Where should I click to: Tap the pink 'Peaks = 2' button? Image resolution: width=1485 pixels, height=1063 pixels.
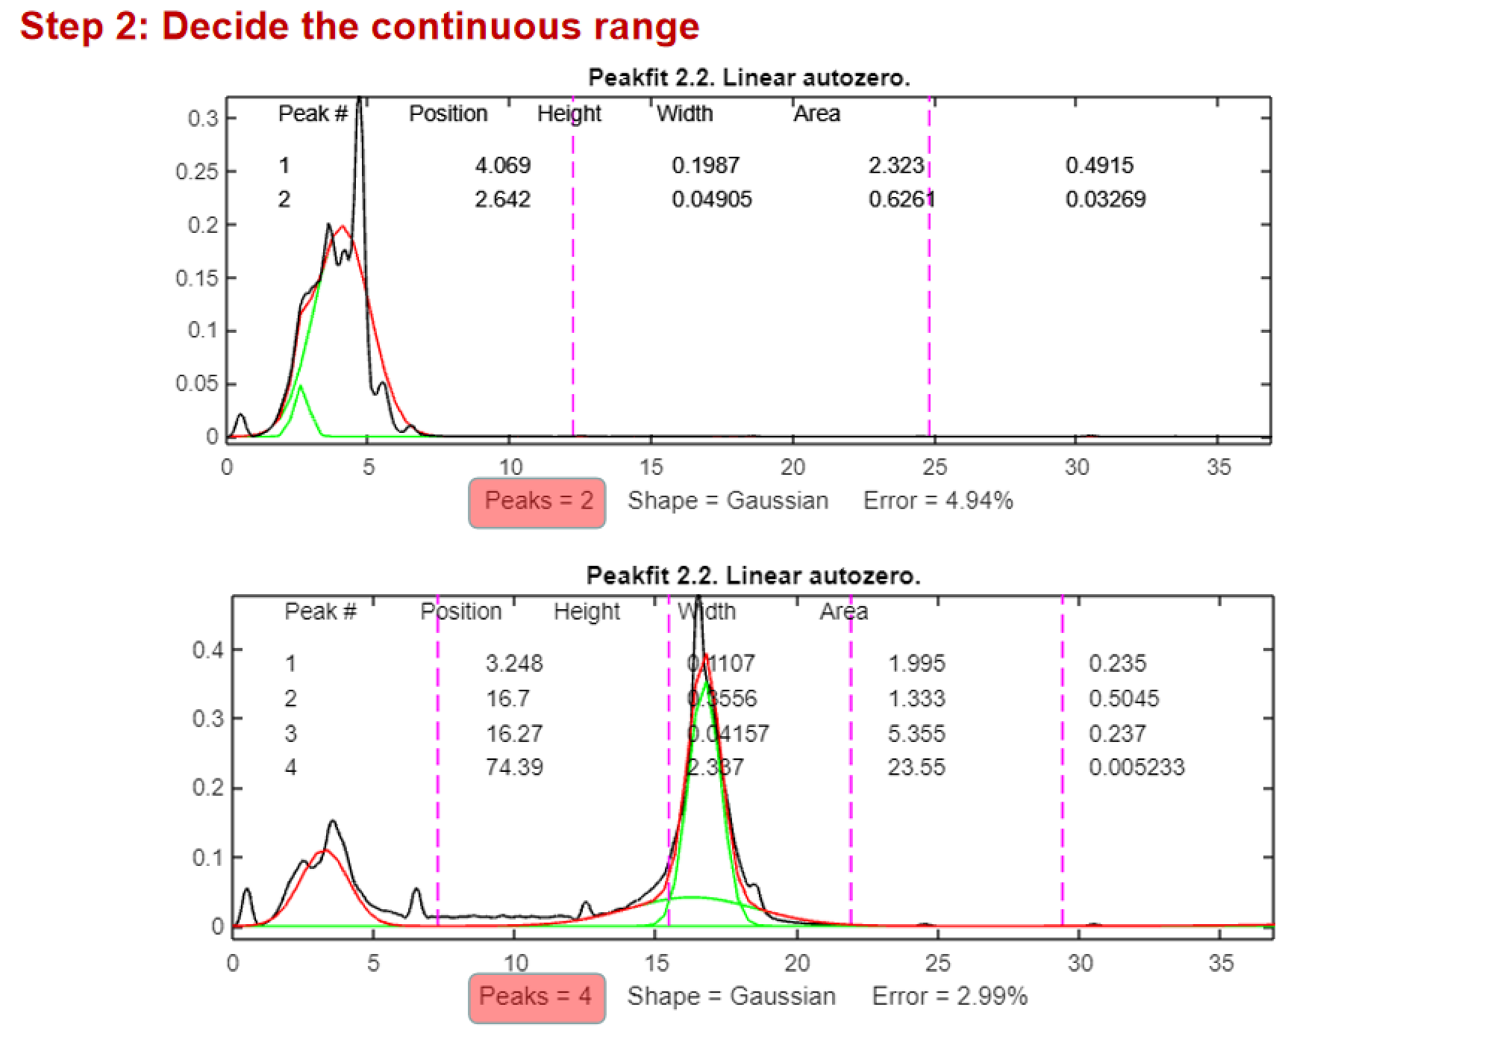[537, 502]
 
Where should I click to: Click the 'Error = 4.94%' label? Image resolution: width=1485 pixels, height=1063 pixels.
[938, 501]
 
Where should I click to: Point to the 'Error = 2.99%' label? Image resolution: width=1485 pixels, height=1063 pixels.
[949, 997]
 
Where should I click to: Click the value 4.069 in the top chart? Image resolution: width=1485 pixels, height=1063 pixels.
[502, 165]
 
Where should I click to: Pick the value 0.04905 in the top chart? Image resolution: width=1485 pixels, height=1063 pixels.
[711, 199]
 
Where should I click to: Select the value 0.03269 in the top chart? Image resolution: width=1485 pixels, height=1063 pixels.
[1105, 199]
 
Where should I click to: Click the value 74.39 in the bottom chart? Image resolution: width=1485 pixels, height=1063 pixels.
[514, 767]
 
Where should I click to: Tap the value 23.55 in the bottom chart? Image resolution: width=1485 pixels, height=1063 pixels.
[916, 767]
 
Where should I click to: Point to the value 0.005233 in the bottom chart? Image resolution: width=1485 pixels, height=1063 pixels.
[1136, 767]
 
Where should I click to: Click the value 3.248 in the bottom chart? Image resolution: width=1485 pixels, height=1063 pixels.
[514, 664]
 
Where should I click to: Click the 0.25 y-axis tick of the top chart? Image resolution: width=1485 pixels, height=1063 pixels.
[197, 172]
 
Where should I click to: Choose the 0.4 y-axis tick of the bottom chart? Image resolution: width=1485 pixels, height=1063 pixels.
[208, 650]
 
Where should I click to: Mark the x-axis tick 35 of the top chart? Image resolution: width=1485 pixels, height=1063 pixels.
[1218, 467]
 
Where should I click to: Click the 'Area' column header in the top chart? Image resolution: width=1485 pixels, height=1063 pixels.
[816, 114]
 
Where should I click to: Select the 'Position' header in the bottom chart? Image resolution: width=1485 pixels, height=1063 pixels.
[461, 612]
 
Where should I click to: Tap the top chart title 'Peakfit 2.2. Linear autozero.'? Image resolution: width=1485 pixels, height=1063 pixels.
[748, 78]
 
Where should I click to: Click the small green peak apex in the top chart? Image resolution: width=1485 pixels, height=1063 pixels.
[301, 386]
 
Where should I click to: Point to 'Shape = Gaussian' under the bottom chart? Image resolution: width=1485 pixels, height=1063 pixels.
[731, 997]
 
